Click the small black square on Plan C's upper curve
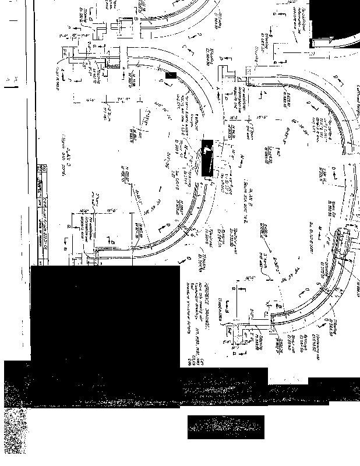170,75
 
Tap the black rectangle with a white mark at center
207,158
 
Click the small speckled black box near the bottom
225,426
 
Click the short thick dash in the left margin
11,87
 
